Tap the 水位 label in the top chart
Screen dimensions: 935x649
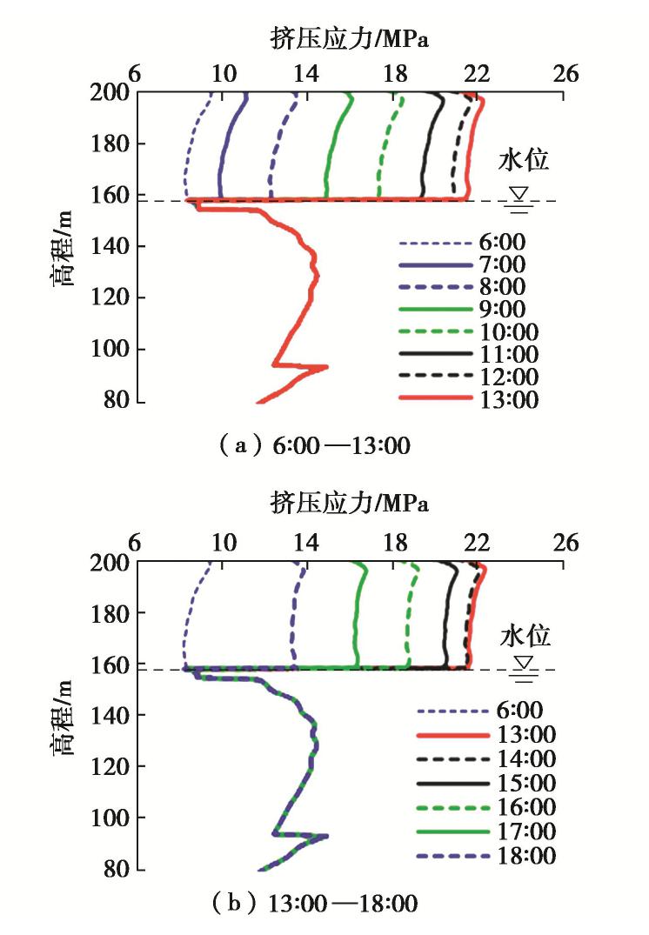tap(524, 161)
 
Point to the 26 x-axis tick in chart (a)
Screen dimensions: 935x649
tap(565, 74)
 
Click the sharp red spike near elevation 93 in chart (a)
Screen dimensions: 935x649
tap(325, 367)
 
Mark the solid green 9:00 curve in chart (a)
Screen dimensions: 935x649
tap(331, 157)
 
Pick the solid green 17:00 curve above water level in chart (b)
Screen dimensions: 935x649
tap(356, 618)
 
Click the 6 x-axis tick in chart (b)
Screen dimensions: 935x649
tap(135, 543)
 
